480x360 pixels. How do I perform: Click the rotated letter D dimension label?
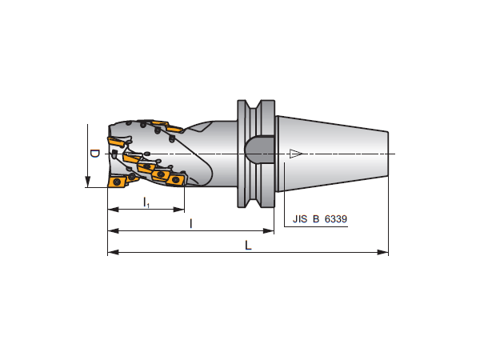[95, 154]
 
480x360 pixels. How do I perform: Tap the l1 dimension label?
[146, 202]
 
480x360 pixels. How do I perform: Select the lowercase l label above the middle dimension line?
[191, 224]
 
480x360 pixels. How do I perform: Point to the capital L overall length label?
[248, 245]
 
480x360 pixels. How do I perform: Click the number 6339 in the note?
[336, 219]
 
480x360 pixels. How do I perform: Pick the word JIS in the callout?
[300, 219]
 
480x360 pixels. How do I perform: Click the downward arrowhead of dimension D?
[87, 182]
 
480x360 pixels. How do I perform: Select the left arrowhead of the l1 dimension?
[114, 210]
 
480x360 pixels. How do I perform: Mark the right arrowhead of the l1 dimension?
[178, 210]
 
